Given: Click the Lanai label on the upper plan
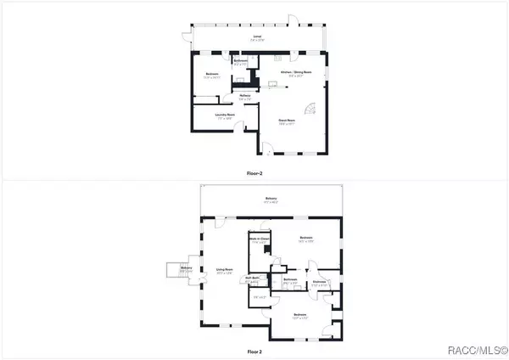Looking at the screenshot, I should pyautogui.click(x=256, y=37).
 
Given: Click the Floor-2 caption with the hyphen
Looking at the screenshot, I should pyautogui.click(x=255, y=172).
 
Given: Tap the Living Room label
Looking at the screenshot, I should pyautogui.click(x=226, y=273).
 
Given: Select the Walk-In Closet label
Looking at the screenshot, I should pyautogui.click(x=259, y=240).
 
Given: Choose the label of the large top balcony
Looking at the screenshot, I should pyautogui.click(x=270, y=200).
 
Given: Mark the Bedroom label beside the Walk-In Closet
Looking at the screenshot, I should pyautogui.click(x=305, y=239).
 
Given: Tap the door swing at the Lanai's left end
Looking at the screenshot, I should pyautogui.click(x=186, y=37).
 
